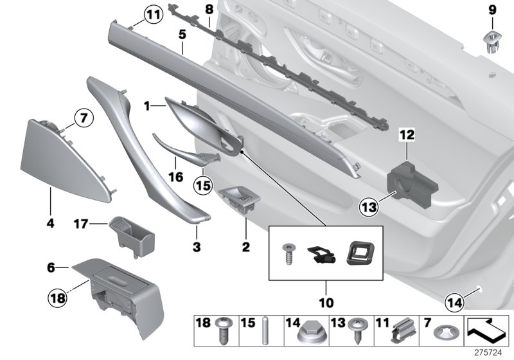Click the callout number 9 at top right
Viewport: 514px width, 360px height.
coord(492,10)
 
